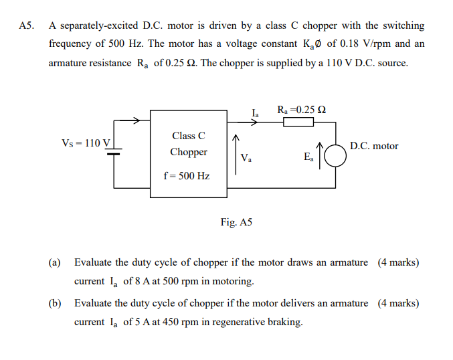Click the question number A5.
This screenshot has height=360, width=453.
[x=25, y=26]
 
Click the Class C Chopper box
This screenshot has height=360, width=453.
[x=189, y=155]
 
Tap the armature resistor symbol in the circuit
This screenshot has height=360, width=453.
[x=298, y=122]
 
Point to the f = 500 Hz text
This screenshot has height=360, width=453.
[x=187, y=177]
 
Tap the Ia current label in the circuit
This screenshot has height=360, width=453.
[x=256, y=111]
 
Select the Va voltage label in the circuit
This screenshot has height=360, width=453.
[x=246, y=159]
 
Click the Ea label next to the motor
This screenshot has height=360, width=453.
[x=308, y=158]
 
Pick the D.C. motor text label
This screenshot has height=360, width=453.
[x=374, y=146]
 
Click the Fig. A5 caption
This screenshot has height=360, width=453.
[x=236, y=221]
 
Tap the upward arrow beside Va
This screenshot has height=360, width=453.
[x=235, y=153]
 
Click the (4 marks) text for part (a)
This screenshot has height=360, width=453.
[x=398, y=262]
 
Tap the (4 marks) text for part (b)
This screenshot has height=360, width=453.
[x=398, y=303]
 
